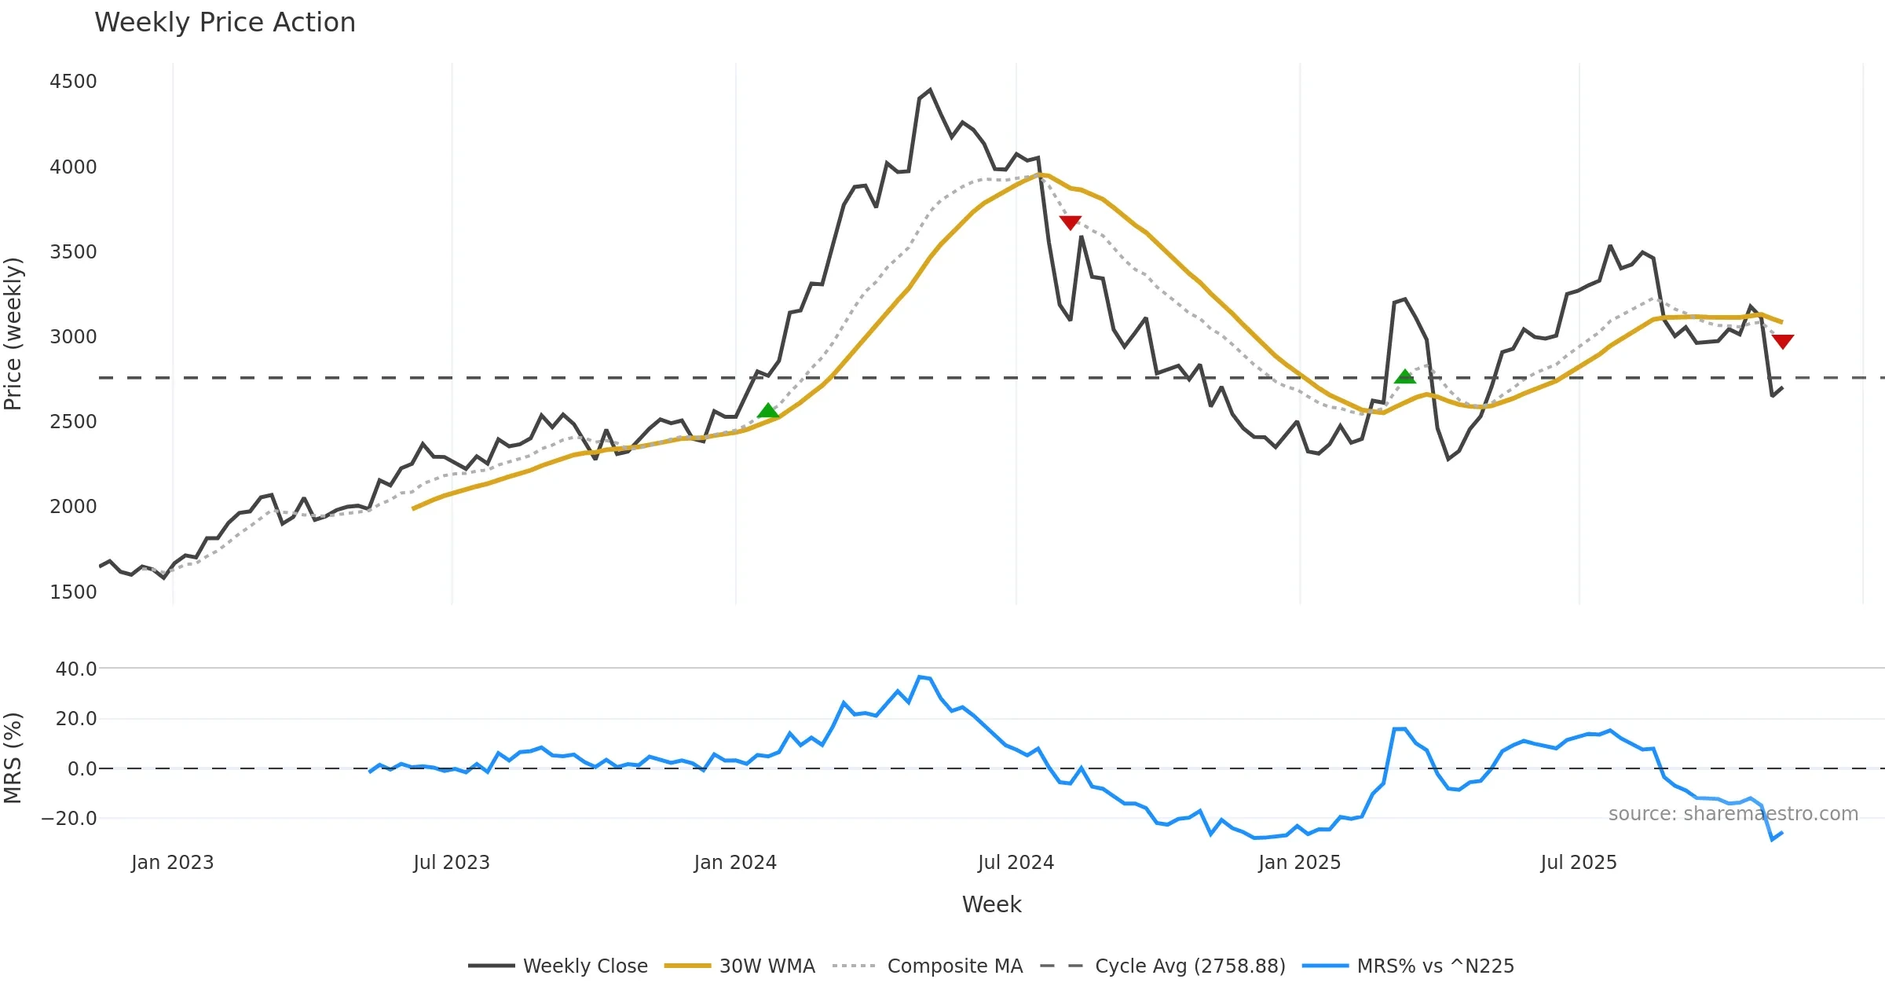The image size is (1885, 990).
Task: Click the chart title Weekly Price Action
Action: point(225,23)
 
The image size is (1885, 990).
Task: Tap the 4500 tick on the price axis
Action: point(73,82)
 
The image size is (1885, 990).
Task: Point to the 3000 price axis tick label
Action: point(73,337)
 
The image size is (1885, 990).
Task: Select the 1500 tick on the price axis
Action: point(73,592)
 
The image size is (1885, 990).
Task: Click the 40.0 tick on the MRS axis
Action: point(76,669)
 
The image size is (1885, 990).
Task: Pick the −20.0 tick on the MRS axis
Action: point(69,819)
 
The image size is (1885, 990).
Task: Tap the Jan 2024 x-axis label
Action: point(735,863)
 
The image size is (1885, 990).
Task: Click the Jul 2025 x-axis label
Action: point(1579,863)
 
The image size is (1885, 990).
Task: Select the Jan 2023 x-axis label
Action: point(172,863)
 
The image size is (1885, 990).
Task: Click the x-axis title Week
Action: point(991,905)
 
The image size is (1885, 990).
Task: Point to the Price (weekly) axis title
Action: point(13,334)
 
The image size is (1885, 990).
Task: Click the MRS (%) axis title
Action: point(13,758)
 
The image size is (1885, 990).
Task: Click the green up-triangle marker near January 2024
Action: point(768,411)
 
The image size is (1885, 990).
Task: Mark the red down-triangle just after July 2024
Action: point(1071,222)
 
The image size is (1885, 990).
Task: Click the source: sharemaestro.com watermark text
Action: point(1733,814)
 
